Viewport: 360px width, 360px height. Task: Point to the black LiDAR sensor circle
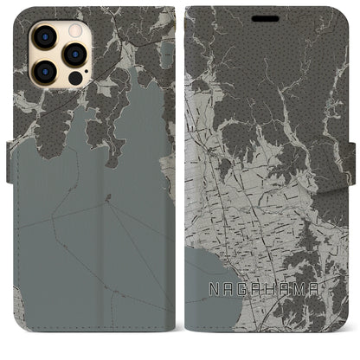tap(74, 76)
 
